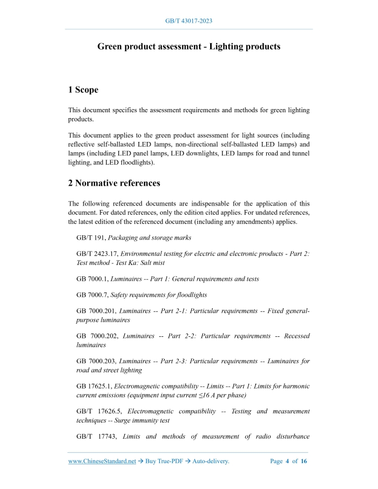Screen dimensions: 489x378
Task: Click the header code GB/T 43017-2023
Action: pos(188,21)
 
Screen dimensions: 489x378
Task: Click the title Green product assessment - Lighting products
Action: pos(188,46)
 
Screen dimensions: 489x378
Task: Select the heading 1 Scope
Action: pos(83,90)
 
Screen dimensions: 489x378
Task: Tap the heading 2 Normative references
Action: pos(114,183)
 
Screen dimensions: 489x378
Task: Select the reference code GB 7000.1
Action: pos(92,279)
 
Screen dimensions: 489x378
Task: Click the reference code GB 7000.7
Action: pos(92,295)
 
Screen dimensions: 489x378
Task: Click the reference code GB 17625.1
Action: pos(94,386)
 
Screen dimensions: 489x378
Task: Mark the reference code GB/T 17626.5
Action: pos(99,411)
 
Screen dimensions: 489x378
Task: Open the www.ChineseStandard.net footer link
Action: pos(102,461)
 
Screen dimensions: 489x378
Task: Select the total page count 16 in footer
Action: pos(303,461)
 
